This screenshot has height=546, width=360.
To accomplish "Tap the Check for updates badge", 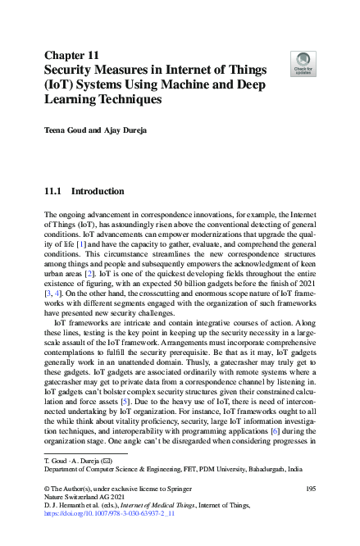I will click(303, 61).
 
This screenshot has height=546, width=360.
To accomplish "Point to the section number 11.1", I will click(55, 191).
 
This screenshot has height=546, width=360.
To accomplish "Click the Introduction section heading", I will click(98, 191).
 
